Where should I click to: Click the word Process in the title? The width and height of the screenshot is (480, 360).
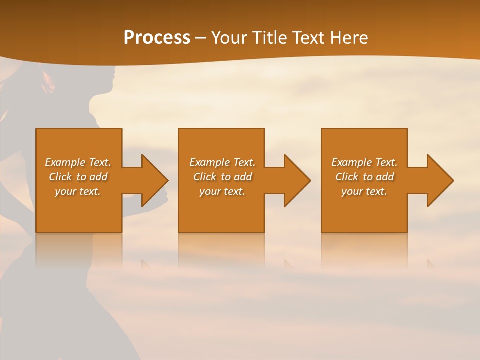coord(157,38)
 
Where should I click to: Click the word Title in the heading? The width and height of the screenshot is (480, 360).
coord(268,38)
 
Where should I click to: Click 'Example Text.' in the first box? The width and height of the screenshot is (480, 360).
coord(78,162)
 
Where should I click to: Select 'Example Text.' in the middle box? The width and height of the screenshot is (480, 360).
coord(222,162)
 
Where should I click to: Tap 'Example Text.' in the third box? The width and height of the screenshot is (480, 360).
coord(364,162)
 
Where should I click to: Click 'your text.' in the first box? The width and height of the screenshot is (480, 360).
coord(78,191)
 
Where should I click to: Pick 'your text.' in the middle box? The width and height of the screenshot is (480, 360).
coord(222,191)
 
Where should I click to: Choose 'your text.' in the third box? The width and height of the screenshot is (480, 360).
coord(364,191)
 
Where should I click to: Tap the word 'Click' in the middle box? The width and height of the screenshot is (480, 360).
coord(205,177)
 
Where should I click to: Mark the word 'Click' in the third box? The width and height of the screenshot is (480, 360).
coord(347,177)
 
